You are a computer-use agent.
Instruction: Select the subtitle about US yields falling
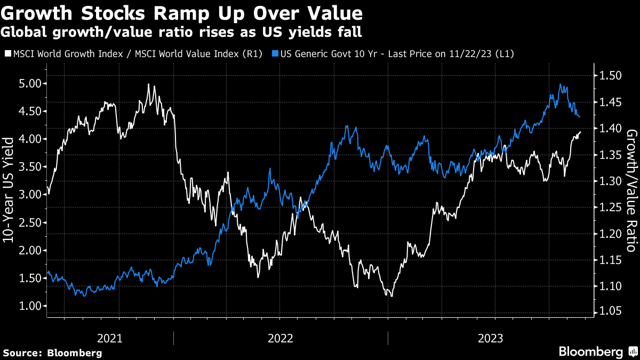[x=182, y=32]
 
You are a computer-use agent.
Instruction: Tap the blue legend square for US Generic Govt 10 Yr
[x=275, y=54]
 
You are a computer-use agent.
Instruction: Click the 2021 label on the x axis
[x=110, y=338]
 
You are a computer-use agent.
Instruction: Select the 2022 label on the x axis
[x=281, y=338]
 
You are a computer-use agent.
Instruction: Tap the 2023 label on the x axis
[x=494, y=338]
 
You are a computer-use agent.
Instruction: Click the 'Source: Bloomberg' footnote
[x=52, y=353]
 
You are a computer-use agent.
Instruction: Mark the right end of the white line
[x=581, y=132]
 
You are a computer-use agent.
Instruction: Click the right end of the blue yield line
[x=580, y=117]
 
